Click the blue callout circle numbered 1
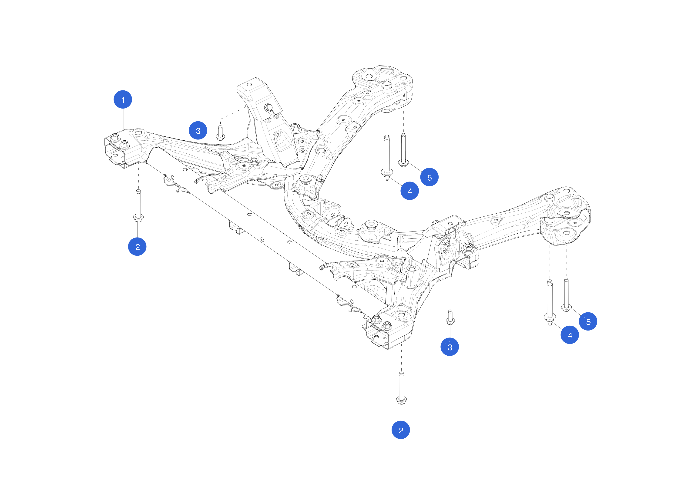(x=123, y=99)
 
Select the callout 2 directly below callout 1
(x=137, y=247)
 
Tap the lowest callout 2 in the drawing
(x=401, y=430)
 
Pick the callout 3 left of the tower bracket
(x=198, y=131)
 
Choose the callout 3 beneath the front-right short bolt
(x=450, y=347)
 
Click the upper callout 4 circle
(x=409, y=191)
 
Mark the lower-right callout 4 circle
(x=570, y=335)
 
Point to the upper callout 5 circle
(x=429, y=177)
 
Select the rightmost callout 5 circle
(x=588, y=321)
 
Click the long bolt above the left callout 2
(x=138, y=205)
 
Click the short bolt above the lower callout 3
(x=450, y=317)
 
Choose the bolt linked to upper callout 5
(x=403, y=150)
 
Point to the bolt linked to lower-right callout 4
(x=550, y=302)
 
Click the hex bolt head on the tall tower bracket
(x=268, y=107)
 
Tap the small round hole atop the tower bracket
(x=249, y=84)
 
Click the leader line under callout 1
(x=123, y=119)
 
